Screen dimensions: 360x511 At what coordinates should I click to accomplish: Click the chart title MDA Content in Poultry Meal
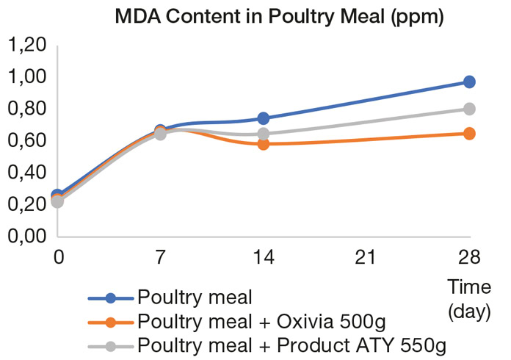279,17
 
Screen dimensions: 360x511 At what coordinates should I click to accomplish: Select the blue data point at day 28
469,82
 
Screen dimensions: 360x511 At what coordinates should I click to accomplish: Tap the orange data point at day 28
469,134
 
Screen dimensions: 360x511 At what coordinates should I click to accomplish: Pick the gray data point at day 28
469,109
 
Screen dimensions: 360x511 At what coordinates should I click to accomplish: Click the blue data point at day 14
263,118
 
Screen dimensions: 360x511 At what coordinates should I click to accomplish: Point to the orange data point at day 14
263,143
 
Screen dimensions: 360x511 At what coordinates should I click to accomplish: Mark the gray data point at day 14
263,134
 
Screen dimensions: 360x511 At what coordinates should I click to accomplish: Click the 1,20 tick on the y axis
27,46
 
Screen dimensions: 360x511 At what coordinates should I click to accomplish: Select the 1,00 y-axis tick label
27,77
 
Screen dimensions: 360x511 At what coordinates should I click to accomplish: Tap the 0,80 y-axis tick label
27,109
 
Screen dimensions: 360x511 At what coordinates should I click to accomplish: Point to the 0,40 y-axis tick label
27,173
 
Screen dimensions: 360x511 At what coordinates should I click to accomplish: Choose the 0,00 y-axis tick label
27,237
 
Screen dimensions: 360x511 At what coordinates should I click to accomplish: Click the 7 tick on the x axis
161,257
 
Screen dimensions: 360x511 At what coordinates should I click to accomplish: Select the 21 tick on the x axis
366,257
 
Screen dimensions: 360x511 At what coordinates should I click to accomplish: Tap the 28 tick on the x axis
469,257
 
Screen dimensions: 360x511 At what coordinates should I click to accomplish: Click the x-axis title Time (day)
468,300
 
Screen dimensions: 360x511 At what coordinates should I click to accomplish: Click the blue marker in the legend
111,298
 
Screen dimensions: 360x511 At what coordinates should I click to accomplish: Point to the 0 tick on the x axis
58,257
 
